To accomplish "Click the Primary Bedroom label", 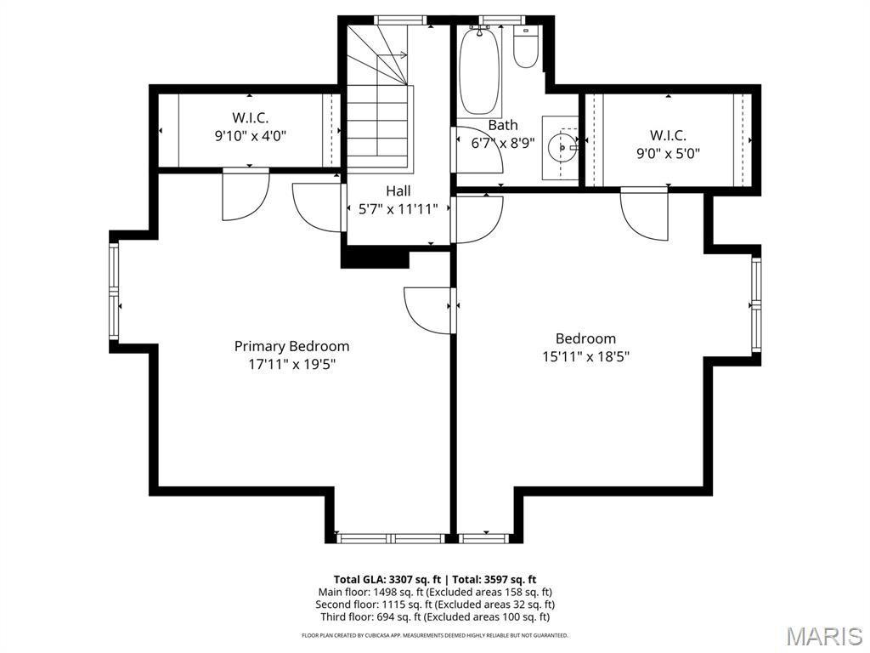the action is click(292, 346).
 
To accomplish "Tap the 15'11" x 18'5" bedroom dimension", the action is click(585, 356).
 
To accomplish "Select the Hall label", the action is click(398, 191).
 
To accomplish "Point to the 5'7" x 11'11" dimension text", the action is click(398, 209).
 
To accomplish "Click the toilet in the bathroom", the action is click(526, 47).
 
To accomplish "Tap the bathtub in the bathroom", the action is click(480, 71).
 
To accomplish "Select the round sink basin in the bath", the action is click(562, 148).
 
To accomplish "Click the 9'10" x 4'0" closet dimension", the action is click(251, 135).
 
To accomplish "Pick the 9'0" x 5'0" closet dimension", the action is click(668, 153).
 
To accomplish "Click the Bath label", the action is click(503, 125).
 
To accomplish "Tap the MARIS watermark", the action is click(823, 636).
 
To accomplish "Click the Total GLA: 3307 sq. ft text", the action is click(387, 580).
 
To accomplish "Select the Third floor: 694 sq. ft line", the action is click(435, 617).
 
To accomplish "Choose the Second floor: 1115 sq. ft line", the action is click(435, 605).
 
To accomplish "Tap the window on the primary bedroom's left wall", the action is click(114, 292).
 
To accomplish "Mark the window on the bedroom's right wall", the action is click(756, 305).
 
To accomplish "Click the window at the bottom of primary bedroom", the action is click(392, 538).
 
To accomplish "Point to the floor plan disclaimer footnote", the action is click(434, 635).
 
